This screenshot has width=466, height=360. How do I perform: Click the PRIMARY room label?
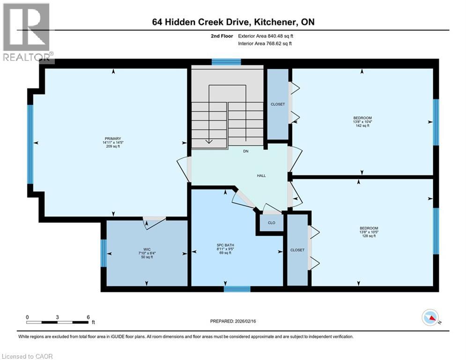click(113, 138)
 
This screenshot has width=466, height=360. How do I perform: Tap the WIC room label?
click(147, 249)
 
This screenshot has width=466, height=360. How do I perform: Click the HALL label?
click(261, 176)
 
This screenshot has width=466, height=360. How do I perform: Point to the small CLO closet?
click(272, 223)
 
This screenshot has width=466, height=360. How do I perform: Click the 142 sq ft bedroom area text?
click(362, 126)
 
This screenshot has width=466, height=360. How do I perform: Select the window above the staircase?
click(226, 61)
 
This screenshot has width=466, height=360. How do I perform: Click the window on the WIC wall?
click(104, 253)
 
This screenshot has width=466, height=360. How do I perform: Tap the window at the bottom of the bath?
click(234, 289)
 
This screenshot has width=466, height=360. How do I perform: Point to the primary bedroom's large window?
click(30, 144)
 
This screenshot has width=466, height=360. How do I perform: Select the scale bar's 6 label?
click(88, 317)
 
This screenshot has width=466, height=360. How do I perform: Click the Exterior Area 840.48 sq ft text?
click(266, 36)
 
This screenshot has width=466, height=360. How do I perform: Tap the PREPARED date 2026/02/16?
click(253, 321)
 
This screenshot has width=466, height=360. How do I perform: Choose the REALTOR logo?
click(26, 32)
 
